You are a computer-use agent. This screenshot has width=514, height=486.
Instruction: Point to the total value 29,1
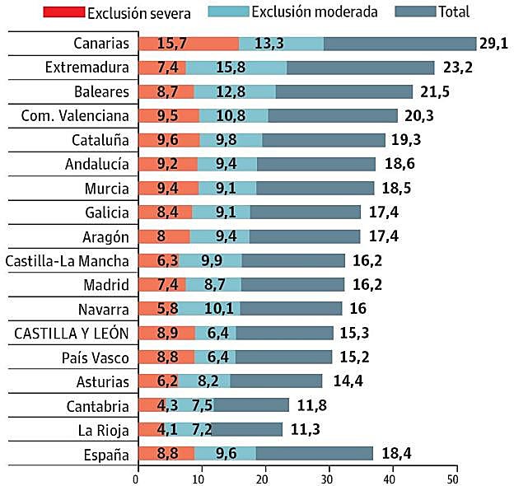pyautogui.click(x=493, y=44)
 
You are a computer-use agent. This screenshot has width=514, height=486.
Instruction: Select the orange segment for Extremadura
pyautogui.click(x=161, y=68)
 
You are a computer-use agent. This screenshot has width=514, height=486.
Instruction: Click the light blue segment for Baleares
pyautogui.click(x=229, y=91)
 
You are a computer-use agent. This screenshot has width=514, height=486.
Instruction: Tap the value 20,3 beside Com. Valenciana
pyautogui.click(x=418, y=115)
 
